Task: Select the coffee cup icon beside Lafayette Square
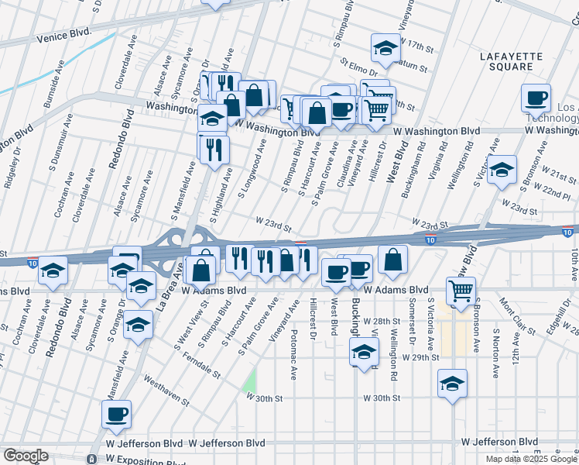tap(536, 98)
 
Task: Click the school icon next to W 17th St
tap(385, 50)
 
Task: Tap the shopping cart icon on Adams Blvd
tap(461, 291)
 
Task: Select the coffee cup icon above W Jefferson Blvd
tap(116, 415)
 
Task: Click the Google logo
tap(26, 456)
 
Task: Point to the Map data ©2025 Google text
tap(531, 459)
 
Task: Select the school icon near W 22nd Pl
tap(502, 170)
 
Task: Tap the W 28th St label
tap(383, 321)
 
